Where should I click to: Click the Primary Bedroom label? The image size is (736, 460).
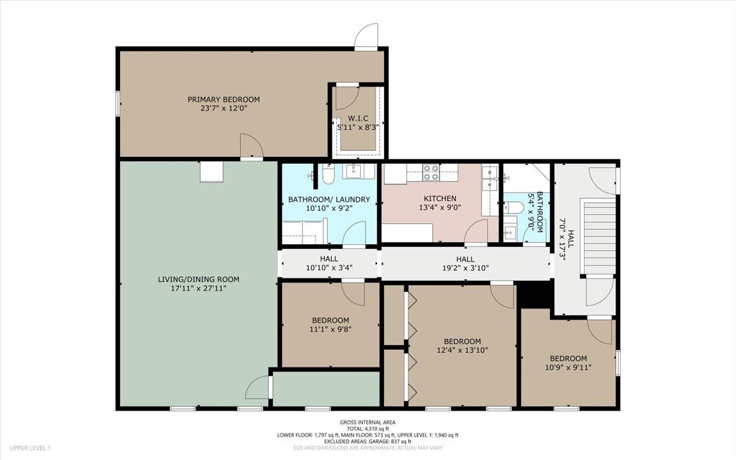click(223, 99)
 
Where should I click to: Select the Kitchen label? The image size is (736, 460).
click(440, 199)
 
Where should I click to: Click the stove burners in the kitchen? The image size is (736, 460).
click(431, 173)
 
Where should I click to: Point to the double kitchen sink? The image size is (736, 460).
click(489, 178)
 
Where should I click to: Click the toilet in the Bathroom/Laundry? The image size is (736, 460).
click(328, 174)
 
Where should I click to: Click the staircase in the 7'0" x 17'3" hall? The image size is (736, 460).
click(597, 236)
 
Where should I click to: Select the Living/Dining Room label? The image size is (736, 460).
click(199, 279)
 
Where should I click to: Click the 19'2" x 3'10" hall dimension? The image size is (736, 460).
click(466, 268)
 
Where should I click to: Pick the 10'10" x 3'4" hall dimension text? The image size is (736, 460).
click(329, 268)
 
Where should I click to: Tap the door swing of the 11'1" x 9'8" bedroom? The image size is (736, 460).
click(353, 293)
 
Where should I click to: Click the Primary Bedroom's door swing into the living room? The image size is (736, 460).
click(251, 145)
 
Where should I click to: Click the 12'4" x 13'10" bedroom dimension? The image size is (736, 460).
click(462, 350)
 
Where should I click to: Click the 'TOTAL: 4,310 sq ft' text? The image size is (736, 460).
click(367, 429)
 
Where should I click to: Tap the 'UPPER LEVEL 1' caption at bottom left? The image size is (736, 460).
click(30, 448)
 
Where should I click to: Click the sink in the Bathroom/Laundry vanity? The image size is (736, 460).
click(353, 171)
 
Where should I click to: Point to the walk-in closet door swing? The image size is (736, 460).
click(347, 98)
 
